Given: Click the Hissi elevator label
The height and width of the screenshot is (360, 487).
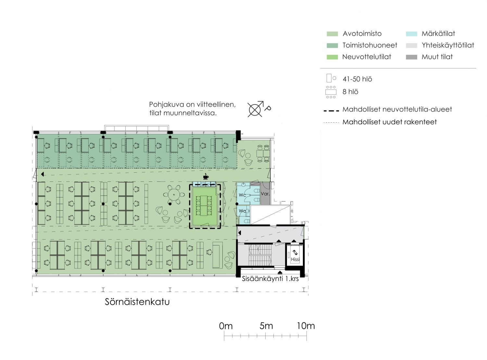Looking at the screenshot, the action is pos(295,259).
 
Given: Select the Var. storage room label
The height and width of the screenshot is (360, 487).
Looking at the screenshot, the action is pos(265,194).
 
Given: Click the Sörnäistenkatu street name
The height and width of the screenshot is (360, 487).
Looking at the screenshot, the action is pos(137,302).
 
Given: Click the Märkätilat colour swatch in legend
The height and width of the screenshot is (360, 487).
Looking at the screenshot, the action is pos(411,34).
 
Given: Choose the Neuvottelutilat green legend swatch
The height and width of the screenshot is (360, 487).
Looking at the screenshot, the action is pos(332,57).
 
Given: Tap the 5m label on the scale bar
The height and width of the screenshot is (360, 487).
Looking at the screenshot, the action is pos(266,326).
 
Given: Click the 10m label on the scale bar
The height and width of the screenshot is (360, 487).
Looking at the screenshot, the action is pos(306,326).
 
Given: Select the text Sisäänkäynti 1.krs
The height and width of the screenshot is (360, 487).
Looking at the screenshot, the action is pos(270,279).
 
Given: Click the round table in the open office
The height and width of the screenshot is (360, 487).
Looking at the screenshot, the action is pos(173,194).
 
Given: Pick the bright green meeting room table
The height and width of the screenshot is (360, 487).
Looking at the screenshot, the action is pos(204,205).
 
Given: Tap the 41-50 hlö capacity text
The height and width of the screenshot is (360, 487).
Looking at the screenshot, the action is pos(357,79).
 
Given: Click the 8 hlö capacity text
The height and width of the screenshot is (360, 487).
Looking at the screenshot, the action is pos(350,92).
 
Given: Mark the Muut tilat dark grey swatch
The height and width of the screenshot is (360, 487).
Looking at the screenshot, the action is pos(411,57).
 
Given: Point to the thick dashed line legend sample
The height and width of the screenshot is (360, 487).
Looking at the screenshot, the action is pos(331,111).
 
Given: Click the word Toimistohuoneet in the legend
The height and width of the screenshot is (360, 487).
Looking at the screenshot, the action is pos(370,45).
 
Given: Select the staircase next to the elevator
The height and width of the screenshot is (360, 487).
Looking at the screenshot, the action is pos(260,255).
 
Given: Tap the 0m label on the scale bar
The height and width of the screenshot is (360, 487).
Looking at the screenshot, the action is pos(226,326).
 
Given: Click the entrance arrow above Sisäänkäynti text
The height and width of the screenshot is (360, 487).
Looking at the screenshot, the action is pos(280,272).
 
